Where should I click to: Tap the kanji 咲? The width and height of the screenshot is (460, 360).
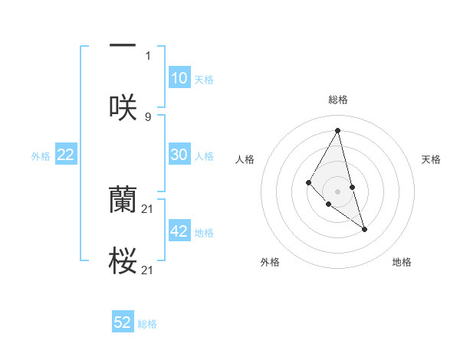coord(123,107)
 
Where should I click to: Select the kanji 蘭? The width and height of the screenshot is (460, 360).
coord(123,199)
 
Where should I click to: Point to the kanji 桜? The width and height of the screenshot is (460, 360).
coord(123,261)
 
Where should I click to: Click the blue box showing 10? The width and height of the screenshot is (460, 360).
coord(179,78)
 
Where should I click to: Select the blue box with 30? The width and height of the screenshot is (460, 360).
coord(179,155)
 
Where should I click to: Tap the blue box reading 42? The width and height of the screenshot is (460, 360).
coord(179,231)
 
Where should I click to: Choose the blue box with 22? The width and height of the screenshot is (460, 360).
coord(66,155)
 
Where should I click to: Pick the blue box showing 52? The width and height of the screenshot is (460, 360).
coord(123,322)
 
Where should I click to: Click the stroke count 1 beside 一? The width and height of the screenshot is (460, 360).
coord(148,56)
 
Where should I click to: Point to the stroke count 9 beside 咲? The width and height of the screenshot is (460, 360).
coord(148,117)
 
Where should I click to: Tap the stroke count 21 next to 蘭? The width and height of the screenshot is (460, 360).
coord(148,209)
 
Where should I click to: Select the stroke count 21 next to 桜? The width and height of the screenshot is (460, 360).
coord(148,270)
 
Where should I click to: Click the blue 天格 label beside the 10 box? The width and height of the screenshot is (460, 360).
coord(204,79)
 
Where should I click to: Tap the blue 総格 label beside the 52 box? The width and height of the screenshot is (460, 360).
coord(147,324)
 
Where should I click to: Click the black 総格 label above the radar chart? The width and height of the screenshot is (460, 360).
coord(337,100)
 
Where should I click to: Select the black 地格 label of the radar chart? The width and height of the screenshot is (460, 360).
coord(402,262)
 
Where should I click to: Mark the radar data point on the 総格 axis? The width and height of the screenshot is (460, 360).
coord(337,129)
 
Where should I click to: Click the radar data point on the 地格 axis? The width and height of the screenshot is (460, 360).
coord(364,228)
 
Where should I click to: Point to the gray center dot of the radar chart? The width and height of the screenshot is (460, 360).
coord(337,191)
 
